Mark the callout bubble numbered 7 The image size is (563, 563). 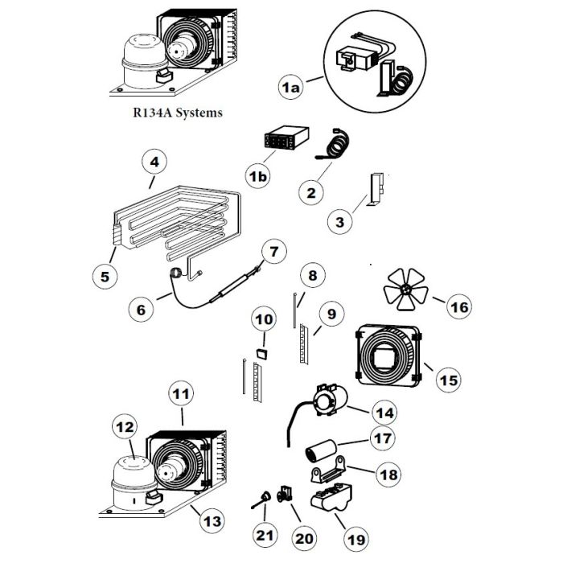[273, 252]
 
